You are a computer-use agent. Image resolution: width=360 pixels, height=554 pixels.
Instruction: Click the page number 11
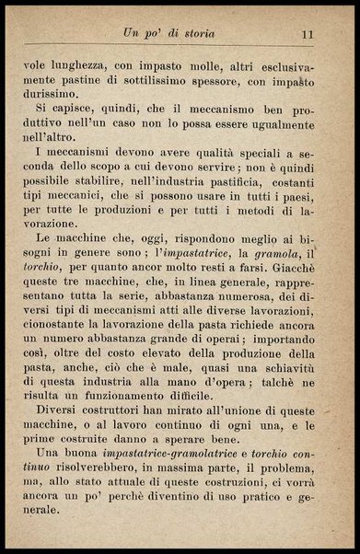[309, 34]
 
